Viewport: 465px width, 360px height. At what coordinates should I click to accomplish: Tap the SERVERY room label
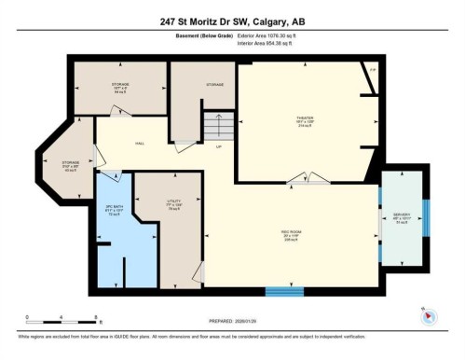click(x=402, y=217)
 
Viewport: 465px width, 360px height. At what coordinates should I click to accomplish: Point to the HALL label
click(x=139, y=143)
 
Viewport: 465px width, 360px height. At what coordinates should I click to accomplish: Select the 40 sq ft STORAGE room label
click(x=71, y=165)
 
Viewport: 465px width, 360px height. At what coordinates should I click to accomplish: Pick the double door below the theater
click(x=306, y=178)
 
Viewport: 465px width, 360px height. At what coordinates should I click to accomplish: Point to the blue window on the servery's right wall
click(x=425, y=218)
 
